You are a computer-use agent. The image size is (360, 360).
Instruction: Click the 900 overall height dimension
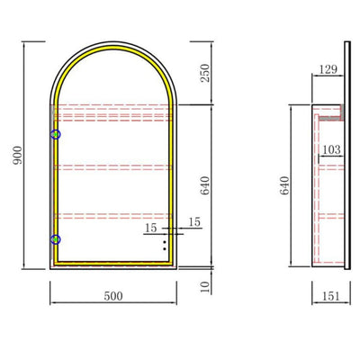click(18, 155)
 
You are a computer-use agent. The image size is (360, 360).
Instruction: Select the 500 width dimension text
click(113, 296)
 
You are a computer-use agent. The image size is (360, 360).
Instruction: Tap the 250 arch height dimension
click(205, 73)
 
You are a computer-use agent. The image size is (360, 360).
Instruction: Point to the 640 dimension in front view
click(205, 185)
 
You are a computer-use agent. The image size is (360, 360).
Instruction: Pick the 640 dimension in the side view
click(285, 185)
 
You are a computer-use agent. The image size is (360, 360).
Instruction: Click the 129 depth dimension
click(328, 69)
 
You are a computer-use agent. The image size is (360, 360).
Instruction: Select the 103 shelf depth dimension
click(331, 149)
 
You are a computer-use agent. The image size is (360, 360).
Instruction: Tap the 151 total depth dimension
click(331, 296)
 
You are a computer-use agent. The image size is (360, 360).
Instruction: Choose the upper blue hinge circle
click(56, 135)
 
